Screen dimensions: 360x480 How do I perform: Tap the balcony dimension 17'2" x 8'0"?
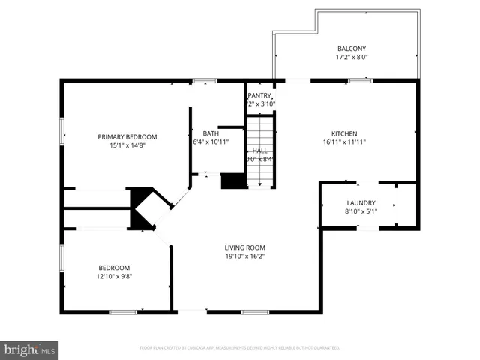tap(351, 56)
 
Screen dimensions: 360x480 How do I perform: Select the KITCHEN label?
tap(344, 133)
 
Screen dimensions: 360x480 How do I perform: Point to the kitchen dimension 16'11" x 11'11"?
tap(344, 142)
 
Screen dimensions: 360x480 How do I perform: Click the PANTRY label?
tap(260, 95)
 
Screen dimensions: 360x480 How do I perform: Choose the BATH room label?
tap(210, 133)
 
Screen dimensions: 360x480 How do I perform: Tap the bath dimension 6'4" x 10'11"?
tap(210, 142)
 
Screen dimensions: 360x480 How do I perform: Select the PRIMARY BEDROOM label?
tap(127, 136)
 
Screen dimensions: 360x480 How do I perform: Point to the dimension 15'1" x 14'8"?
tap(127, 146)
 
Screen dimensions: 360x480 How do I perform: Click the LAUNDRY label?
tap(361, 203)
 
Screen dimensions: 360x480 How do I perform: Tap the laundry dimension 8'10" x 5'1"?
tap(361, 212)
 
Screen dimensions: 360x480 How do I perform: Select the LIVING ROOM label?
tap(245, 247)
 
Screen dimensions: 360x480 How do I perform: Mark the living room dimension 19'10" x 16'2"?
tap(245, 256)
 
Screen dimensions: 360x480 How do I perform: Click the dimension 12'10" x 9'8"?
tap(115, 277)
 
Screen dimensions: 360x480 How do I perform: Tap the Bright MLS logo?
tap(30, 349)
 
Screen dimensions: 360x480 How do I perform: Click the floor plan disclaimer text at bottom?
tap(240, 348)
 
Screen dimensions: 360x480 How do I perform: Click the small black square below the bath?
tap(233, 181)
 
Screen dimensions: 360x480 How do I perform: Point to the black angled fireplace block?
tap(140, 208)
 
